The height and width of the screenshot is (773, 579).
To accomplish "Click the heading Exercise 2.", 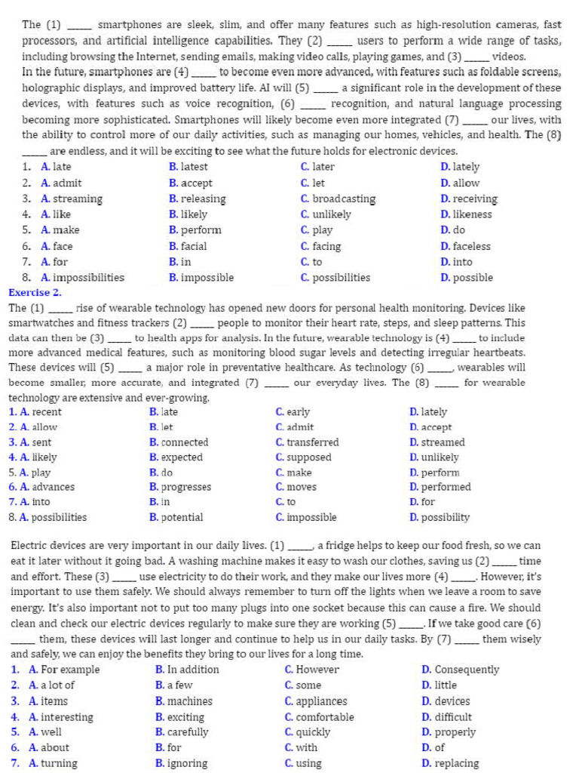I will coord(35,293).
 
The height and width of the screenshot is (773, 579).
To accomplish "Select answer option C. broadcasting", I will coord(338,199).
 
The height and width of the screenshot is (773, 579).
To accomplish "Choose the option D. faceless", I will coord(465,247).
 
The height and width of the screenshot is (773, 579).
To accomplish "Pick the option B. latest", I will coord(188,167).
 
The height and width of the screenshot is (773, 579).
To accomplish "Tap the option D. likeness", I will coord(466,214).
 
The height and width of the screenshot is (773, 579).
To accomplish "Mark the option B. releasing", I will coord(197,199).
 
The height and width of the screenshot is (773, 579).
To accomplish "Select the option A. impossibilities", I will coord(82,278).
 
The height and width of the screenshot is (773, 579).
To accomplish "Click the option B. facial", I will coord(188,247).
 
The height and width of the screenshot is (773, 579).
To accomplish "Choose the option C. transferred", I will coord(307,442).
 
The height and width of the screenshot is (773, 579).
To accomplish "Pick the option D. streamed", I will coord(437,442).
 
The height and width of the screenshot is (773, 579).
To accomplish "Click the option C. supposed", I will coord(303,457).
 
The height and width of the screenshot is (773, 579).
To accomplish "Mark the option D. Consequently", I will coord(460,670).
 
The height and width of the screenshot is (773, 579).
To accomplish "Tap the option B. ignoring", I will coord(181,763).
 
